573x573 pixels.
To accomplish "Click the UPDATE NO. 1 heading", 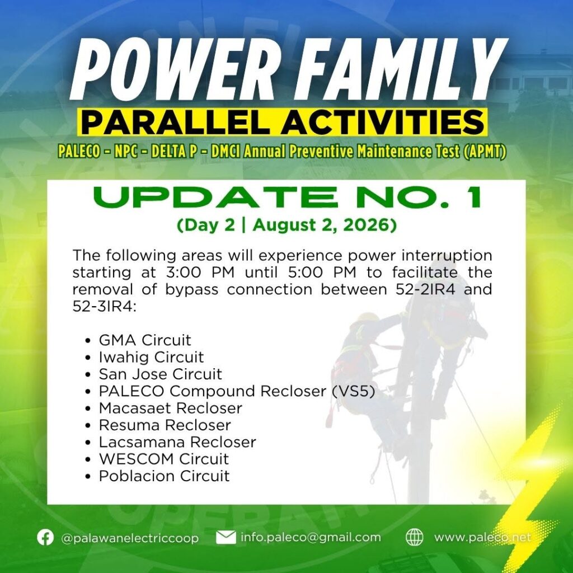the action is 287,198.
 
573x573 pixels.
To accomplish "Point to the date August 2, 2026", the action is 324,226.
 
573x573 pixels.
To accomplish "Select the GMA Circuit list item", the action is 145,340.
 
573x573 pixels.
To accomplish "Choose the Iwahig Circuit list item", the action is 151,358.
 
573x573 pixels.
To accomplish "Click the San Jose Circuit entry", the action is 161,374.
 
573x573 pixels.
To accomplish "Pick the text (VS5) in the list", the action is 354,391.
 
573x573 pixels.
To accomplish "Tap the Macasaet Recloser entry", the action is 170,408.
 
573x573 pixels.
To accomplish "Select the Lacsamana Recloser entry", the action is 177,442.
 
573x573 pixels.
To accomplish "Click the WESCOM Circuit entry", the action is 164,459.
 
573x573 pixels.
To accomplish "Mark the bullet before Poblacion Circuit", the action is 87,477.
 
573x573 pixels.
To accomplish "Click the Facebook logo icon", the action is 45,537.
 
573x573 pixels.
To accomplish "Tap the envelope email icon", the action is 226,537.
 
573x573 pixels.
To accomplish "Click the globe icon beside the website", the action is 415,537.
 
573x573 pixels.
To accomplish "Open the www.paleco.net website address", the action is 482,538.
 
